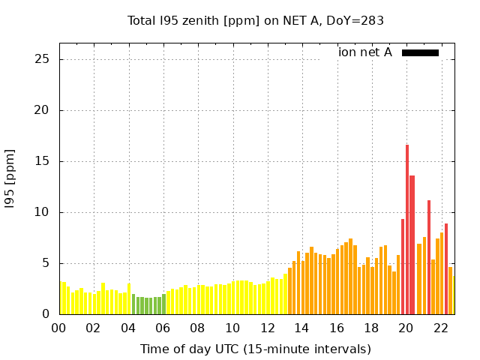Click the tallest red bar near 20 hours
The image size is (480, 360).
pyautogui.click(x=407, y=225)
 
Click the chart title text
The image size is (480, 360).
pyautogui.click(x=256, y=20)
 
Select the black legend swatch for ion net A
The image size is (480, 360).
pyautogui.click(x=420, y=52)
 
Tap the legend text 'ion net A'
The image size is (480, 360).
pyautogui.click(x=365, y=52)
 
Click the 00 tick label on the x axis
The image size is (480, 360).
pyautogui.click(x=58, y=328)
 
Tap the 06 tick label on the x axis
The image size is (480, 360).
pyautogui.click(x=163, y=328)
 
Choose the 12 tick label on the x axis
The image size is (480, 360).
pyautogui.click(x=267, y=328)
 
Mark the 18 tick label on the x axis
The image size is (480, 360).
pyautogui.click(x=371, y=328)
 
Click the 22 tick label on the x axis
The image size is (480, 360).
pyautogui.click(x=441, y=328)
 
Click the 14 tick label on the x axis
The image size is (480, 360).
pyautogui.click(x=301, y=328)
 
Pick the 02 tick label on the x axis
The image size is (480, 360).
pyautogui.click(x=93, y=328)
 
